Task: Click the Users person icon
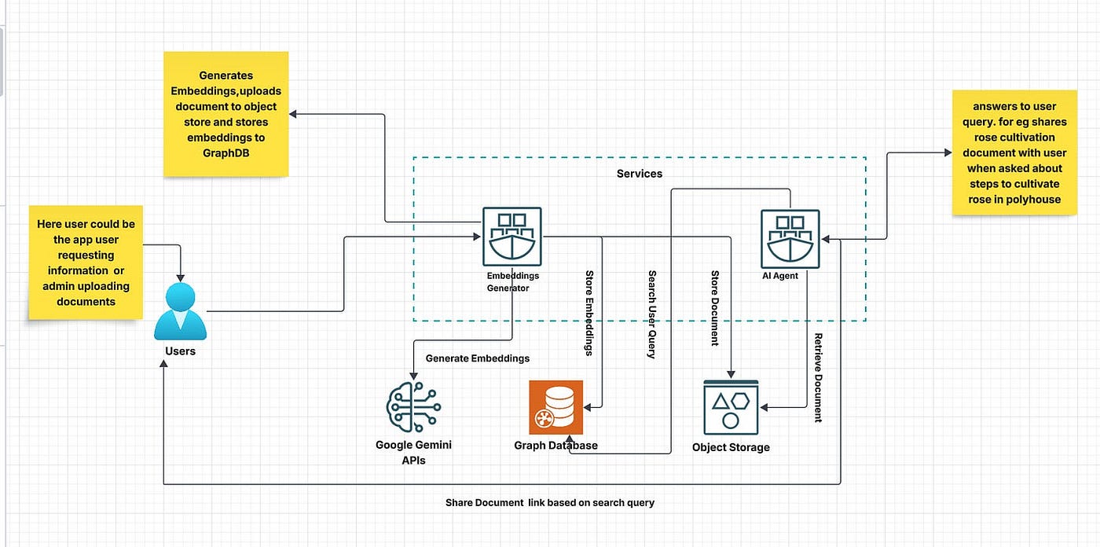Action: pyautogui.click(x=180, y=312)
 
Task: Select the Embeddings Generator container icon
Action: pyautogui.click(x=511, y=237)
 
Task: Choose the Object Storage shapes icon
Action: pyautogui.click(x=731, y=407)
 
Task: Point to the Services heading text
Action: pyautogui.click(x=639, y=174)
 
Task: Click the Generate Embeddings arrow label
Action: pyautogui.click(x=477, y=358)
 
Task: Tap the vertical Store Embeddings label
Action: pyautogui.click(x=589, y=313)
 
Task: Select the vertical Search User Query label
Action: pyautogui.click(x=652, y=314)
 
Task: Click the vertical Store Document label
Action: pyautogui.click(x=715, y=308)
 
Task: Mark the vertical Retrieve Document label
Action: pyautogui.click(x=818, y=377)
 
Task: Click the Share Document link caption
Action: pyautogui.click(x=549, y=502)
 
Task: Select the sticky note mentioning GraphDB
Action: pyautogui.click(x=225, y=114)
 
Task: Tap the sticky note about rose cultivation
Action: pyautogui.click(x=1015, y=152)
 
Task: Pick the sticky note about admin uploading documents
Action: pyautogui.click(x=86, y=262)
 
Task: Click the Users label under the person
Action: pyautogui.click(x=180, y=351)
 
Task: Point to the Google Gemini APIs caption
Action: pyautogui.click(x=413, y=452)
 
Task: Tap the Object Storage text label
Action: pyautogui.click(x=731, y=447)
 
